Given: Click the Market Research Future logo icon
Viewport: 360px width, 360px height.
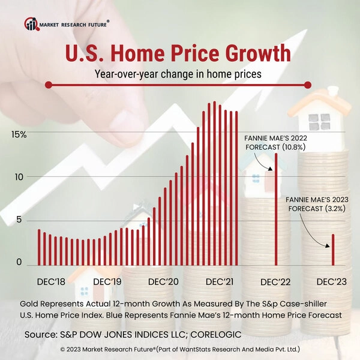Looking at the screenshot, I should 31,24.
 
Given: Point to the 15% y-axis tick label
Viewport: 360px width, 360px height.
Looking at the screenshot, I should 19,134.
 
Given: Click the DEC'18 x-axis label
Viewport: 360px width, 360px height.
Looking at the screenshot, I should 51,281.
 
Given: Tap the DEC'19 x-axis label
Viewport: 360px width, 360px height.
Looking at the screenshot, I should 108,281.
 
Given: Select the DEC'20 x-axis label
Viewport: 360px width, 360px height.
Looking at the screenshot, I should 164,281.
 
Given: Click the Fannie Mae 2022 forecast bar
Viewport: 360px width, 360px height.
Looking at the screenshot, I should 276,210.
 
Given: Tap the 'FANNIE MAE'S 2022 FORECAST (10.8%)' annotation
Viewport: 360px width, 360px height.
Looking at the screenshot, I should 272,142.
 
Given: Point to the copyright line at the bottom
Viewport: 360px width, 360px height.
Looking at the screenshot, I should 180,349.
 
